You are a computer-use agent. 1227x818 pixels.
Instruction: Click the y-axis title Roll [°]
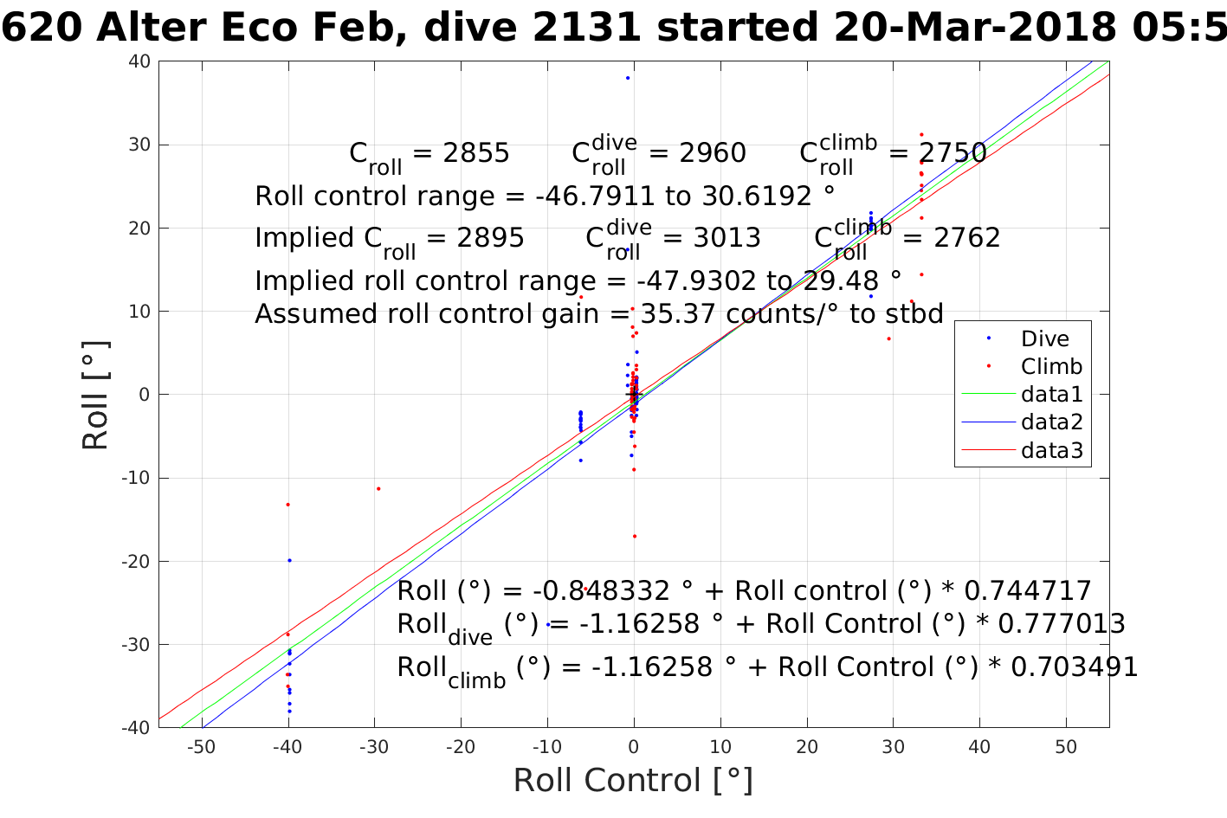[95, 396]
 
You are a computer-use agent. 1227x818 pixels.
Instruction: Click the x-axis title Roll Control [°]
[633, 780]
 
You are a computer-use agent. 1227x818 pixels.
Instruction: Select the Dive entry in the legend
[1044, 339]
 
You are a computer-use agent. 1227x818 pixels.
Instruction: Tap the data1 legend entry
[1051, 395]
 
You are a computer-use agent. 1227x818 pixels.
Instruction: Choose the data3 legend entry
[1051, 450]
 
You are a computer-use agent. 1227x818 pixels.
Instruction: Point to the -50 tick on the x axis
[201, 747]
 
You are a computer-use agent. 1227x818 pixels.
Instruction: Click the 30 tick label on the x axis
[893, 747]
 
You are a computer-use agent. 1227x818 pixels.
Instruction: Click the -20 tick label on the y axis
[137, 561]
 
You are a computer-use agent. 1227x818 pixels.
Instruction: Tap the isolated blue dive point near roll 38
[628, 78]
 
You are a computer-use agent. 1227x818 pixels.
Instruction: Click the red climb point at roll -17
[634, 536]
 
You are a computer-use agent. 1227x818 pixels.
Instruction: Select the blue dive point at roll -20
[289, 560]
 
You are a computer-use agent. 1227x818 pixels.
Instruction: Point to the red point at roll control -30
[378, 488]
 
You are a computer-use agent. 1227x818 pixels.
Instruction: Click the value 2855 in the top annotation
[475, 153]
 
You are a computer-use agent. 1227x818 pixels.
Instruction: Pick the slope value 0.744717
[1027, 591]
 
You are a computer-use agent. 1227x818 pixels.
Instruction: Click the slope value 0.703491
[1074, 667]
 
